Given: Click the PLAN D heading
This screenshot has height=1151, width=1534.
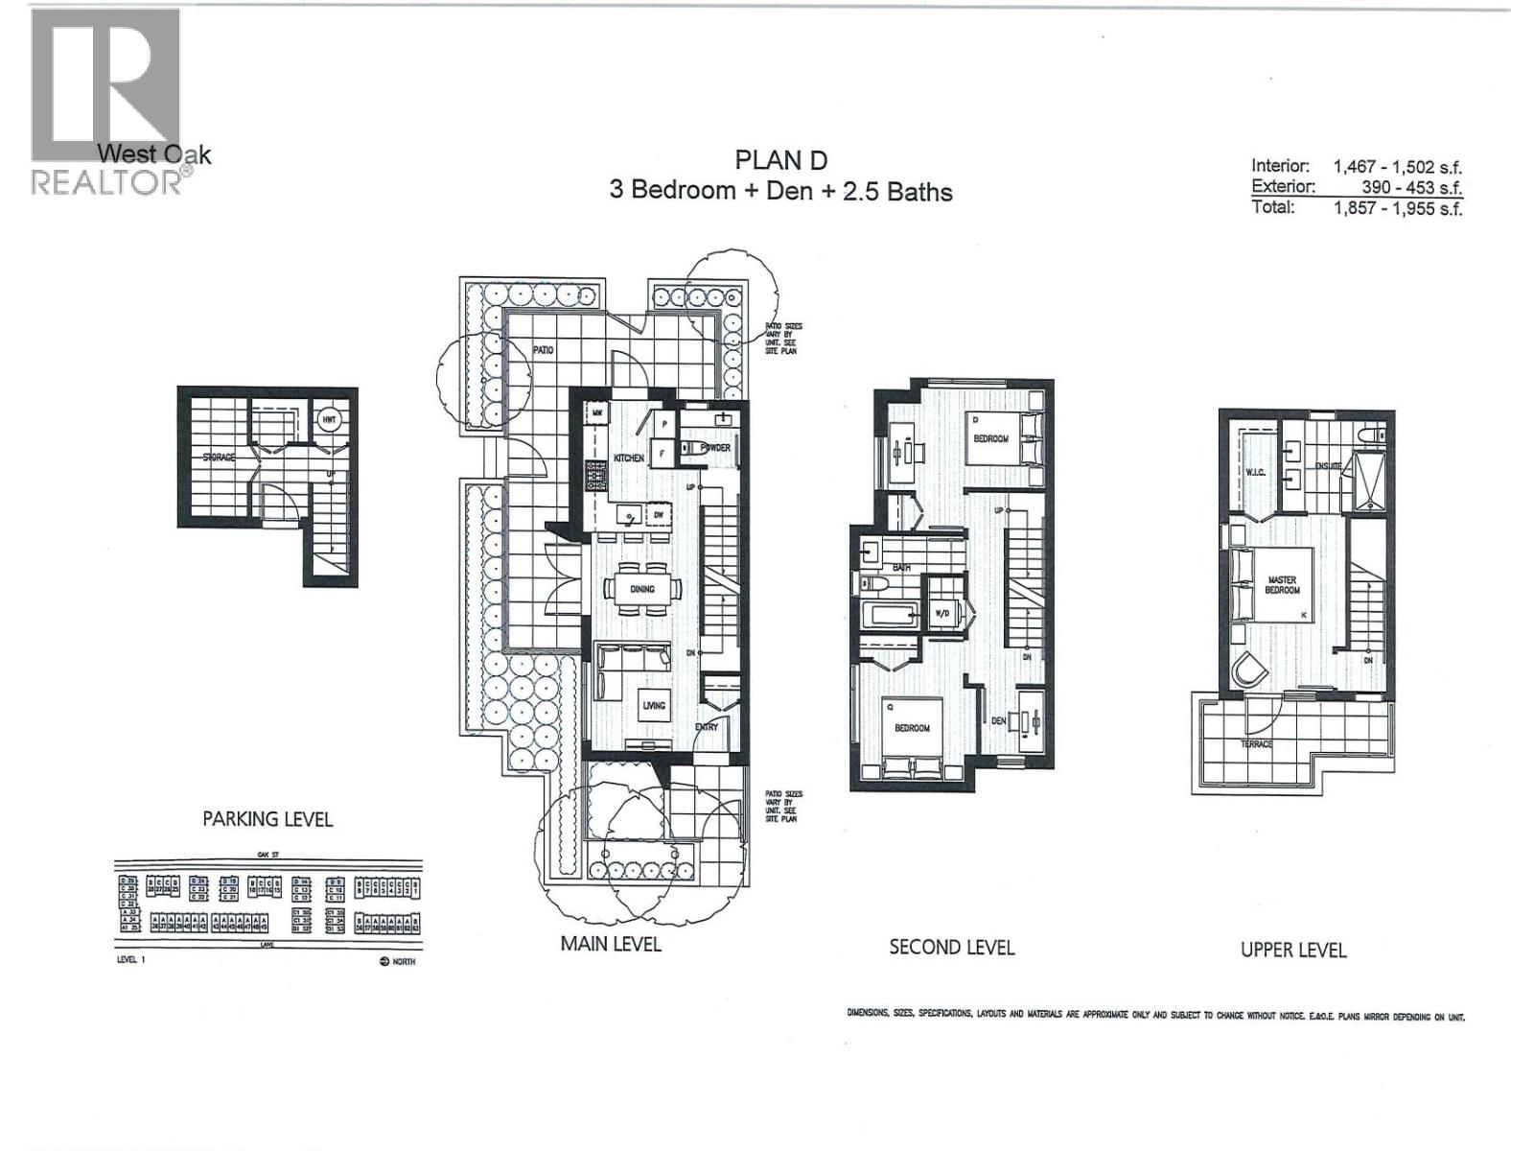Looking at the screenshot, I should (x=780, y=159).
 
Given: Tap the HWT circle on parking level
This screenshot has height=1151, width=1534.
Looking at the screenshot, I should (x=329, y=420).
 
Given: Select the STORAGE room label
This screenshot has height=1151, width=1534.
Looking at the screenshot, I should (x=219, y=458).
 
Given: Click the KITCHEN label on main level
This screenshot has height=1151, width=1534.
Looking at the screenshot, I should (x=629, y=458).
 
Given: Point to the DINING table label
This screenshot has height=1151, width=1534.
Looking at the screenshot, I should (x=642, y=588).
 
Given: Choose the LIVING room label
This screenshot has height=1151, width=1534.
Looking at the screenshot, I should (x=654, y=706).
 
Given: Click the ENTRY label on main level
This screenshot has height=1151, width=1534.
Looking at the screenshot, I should (x=707, y=727).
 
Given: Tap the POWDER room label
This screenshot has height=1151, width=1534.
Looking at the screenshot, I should (x=715, y=448).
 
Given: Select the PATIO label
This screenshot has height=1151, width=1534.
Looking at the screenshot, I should (x=544, y=350).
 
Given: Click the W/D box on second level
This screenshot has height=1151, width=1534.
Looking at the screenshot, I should (x=941, y=613).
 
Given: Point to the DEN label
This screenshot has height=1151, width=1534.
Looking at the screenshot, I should (x=998, y=720).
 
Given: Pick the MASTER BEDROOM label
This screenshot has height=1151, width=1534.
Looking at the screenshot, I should (x=1282, y=585).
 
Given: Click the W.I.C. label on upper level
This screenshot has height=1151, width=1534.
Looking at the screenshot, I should (x=1257, y=472).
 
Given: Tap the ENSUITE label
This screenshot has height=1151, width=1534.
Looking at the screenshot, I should (x=1328, y=466).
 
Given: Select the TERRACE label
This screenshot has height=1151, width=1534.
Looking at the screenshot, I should (x=1256, y=743).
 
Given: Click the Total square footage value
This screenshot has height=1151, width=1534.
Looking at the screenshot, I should (x=1397, y=208).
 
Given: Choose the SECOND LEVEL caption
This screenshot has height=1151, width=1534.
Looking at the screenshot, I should (x=951, y=948).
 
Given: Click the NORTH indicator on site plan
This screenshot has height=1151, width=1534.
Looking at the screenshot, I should (x=398, y=961).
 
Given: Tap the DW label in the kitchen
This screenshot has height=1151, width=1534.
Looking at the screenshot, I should (x=659, y=514).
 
